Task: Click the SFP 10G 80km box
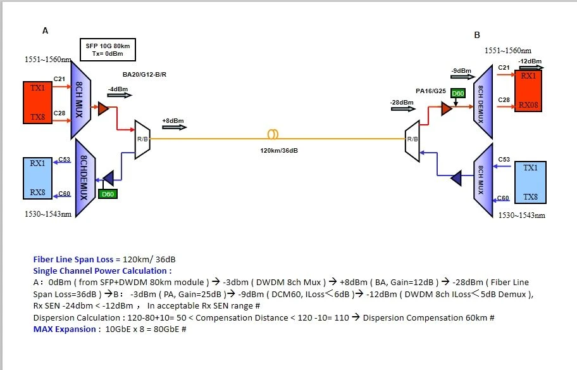tap(108, 50)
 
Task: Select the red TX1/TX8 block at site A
tap(37, 103)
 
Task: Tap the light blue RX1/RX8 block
tap(37, 178)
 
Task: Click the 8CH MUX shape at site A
tap(80, 100)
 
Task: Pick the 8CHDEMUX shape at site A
tap(85, 178)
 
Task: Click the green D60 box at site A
tap(108, 194)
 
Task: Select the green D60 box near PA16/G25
tap(458, 93)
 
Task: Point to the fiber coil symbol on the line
tap(273, 134)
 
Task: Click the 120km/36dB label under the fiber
tap(279, 150)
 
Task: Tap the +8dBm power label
tap(173, 121)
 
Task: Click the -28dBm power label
tap(402, 103)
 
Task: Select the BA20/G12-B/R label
tap(144, 74)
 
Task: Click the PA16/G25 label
tap(431, 91)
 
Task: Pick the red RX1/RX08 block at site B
tap(528, 91)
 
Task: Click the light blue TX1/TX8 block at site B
tap(530, 182)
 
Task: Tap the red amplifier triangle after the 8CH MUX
tap(103, 108)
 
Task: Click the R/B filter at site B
tap(412, 141)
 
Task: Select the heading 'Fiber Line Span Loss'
tap(73, 259)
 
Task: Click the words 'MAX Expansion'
tap(65, 329)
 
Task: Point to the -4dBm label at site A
tap(118, 89)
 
